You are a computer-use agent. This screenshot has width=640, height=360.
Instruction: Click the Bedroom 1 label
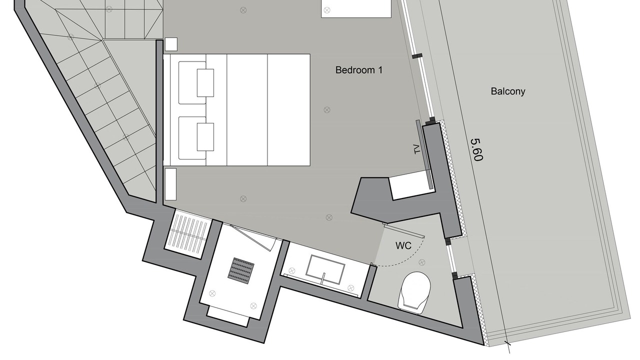358,70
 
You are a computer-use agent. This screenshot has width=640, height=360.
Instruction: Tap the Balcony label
508,91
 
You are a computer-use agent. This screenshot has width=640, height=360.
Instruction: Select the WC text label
403,245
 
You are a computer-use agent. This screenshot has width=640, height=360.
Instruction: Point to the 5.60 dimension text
476,149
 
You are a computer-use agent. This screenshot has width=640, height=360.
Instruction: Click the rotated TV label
417,149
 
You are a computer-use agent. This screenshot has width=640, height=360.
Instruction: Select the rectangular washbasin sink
325,269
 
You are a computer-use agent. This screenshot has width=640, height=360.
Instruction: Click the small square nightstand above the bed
171,44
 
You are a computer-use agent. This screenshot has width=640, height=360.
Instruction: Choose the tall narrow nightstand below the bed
170,184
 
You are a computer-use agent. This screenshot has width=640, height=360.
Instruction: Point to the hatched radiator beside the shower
188,234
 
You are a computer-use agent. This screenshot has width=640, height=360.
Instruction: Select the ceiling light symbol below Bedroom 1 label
327,109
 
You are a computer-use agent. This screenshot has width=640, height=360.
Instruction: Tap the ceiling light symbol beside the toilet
421,262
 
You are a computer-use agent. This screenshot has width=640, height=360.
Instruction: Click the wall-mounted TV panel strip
424,154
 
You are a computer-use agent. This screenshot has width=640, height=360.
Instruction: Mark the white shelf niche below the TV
410,185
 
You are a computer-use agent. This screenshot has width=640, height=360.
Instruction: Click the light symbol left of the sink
291,270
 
